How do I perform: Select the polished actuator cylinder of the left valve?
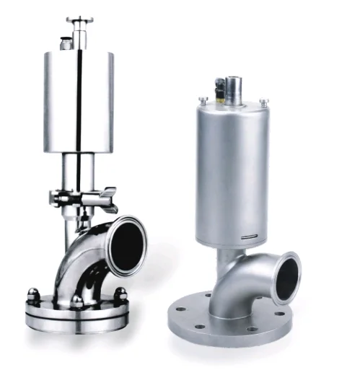[80, 101]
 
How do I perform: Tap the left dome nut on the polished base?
[32, 294]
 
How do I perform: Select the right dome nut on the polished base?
[120, 294]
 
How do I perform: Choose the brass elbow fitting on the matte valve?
[213, 92]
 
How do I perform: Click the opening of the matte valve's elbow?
[290, 275]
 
